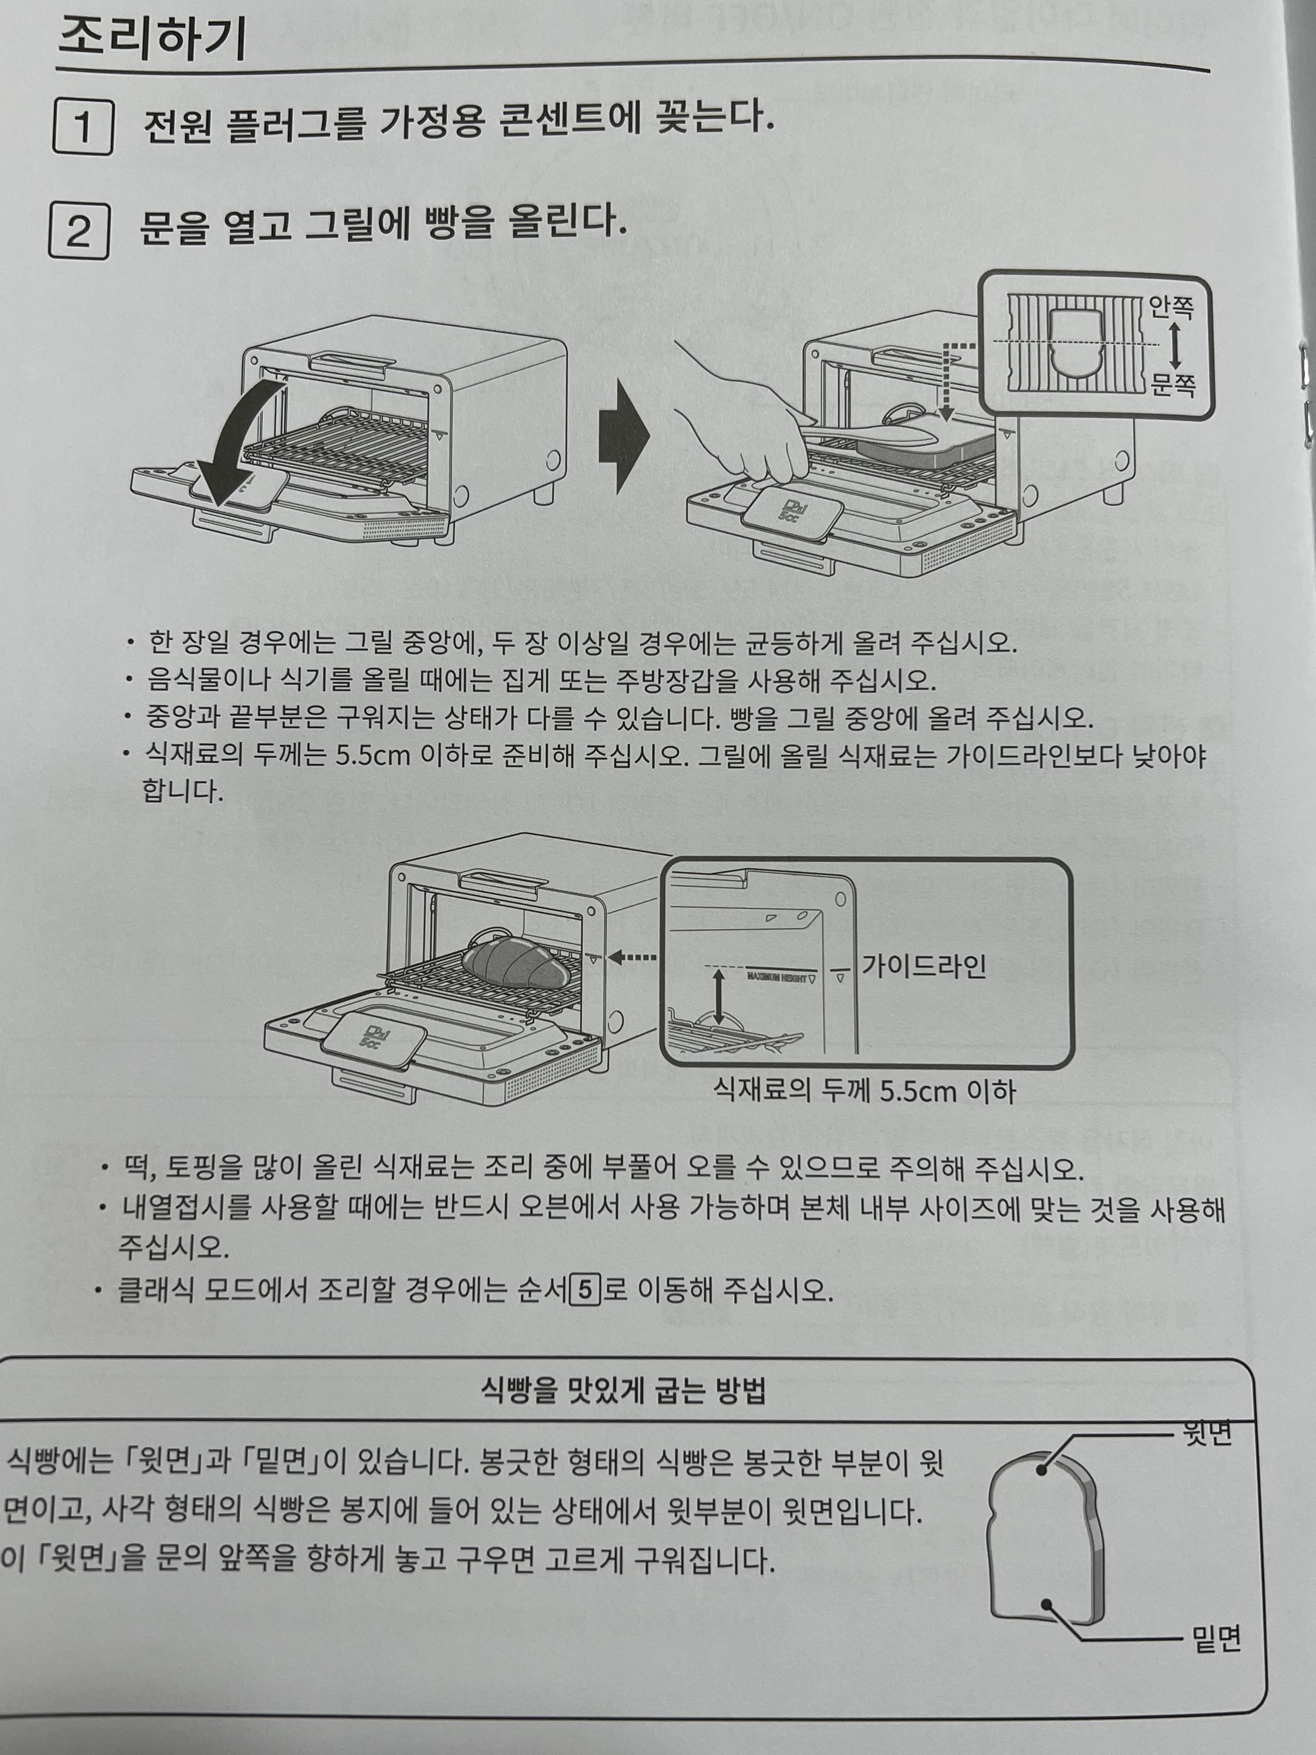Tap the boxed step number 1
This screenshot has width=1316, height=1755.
coord(83,127)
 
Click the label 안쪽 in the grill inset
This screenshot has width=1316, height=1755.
coord(1171,307)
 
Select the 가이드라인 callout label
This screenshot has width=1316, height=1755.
coord(923,966)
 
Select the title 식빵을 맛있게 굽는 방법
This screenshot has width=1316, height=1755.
coord(624,1391)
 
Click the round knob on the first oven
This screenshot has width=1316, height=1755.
coord(551,460)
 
